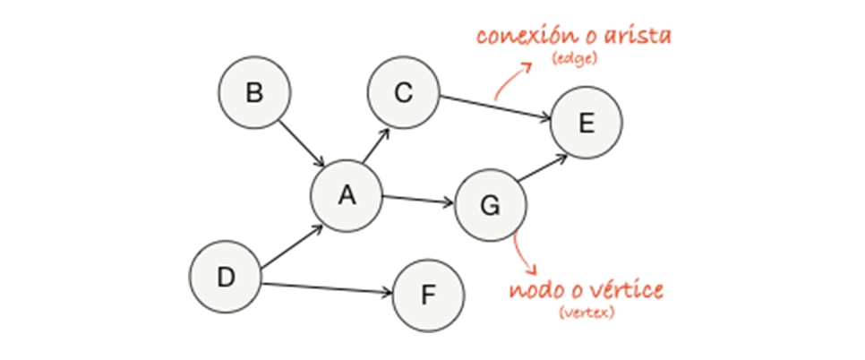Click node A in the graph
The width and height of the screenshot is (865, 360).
[347, 196]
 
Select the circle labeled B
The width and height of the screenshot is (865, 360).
[254, 93]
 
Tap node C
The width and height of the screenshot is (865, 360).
[402, 92]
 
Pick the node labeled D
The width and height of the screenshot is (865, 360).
[226, 277]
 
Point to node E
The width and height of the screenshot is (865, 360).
[586, 124]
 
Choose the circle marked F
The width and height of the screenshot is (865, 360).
[427, 295]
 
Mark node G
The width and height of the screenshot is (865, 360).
[490, 205]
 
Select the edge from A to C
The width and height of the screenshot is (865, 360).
[374, 147]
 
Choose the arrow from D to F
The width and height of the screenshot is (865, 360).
[327, 288]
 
